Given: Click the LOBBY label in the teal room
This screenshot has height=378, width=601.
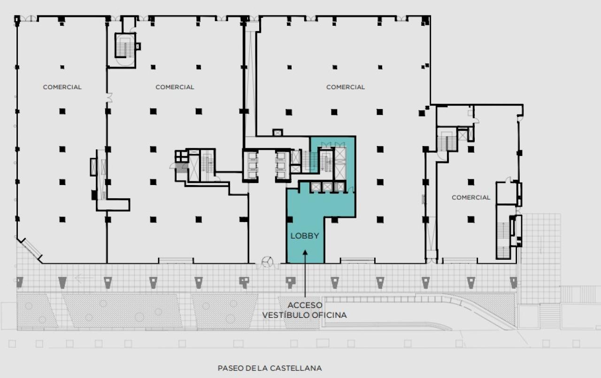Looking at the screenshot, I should point(304,236).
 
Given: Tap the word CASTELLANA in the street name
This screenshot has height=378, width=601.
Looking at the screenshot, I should point(295,368).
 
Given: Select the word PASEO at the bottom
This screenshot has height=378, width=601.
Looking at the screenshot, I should point(230,368).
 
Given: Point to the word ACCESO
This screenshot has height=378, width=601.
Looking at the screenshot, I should point(305,305).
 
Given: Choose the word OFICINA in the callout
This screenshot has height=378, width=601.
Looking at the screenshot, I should point(329,315).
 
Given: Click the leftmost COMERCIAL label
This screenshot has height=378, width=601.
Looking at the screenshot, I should point(62,87).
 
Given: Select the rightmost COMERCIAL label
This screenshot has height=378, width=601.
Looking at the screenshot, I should point(470,197).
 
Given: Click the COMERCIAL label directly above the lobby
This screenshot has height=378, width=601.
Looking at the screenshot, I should point(345,87).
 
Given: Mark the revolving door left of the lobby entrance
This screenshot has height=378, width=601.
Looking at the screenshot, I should point(267,262).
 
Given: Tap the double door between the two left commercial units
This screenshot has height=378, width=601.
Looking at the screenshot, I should point(109,97).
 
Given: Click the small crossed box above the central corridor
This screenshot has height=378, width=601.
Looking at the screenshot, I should point(277,133).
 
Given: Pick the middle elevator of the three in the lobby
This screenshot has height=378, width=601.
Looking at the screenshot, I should point(327,187).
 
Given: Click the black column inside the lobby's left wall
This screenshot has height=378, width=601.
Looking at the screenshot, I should point(289,219).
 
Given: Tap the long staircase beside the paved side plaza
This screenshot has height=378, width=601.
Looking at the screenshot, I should point(503,239).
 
